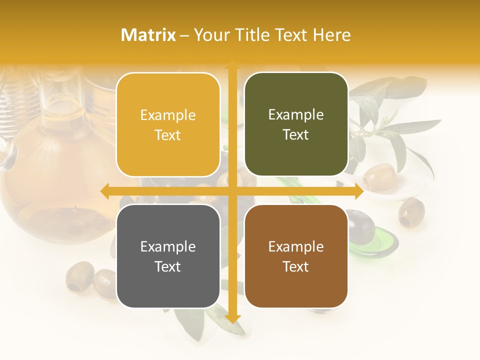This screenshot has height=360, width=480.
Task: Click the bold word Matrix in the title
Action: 148,35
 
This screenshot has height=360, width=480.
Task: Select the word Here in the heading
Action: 331,35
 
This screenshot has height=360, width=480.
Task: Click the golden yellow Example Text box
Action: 168,124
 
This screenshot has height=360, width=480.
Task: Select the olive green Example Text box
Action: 296,124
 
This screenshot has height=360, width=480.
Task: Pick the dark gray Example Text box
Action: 168,256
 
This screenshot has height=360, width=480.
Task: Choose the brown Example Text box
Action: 296,256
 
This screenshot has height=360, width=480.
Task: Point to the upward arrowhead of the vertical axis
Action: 232,64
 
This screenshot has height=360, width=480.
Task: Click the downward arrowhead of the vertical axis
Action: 232,318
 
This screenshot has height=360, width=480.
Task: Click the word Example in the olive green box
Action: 296,115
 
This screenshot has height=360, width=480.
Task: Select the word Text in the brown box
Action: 296,266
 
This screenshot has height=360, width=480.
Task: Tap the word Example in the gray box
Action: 168,246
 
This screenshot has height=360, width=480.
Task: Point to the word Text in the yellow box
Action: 168,135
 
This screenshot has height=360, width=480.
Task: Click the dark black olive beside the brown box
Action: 361,226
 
